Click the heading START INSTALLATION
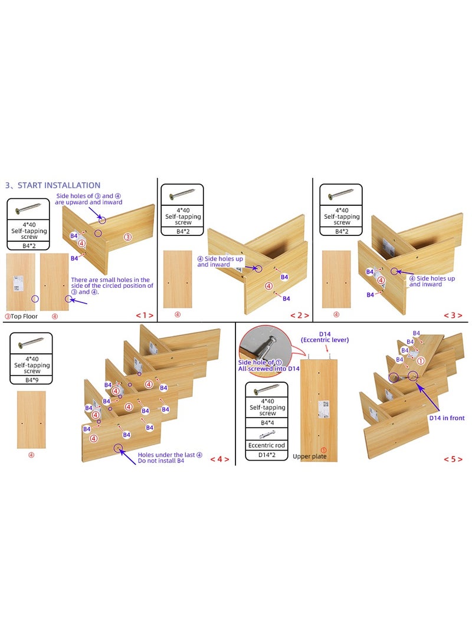tap(53, 185)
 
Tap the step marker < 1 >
tap(144, 316)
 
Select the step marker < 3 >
tap(453, 316)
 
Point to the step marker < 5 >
tap(453, 459)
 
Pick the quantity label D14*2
tap(266, 455)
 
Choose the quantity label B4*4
tap(266, 422)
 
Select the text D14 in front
tap(447, 418)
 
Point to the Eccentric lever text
tap(324, 340)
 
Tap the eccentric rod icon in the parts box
tap(266, 434)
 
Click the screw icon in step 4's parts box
tap(31, 342)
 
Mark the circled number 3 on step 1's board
tap(127, 237)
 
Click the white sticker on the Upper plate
tap(323, 409)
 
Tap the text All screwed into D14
tap(268, 369)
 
